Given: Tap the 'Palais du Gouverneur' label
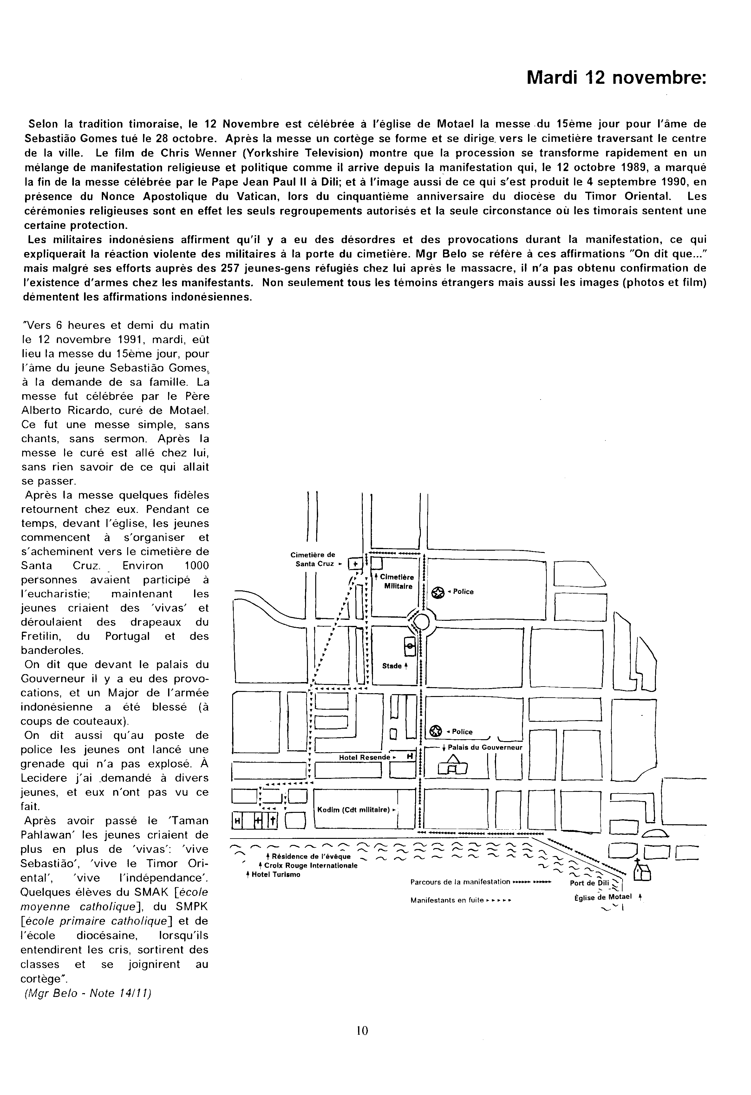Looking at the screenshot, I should coord(485,747).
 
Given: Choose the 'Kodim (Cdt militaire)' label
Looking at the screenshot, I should coord(354,809).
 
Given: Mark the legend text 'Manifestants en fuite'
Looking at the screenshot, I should coord(447,900).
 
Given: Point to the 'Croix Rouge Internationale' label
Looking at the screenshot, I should coord(311,866).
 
